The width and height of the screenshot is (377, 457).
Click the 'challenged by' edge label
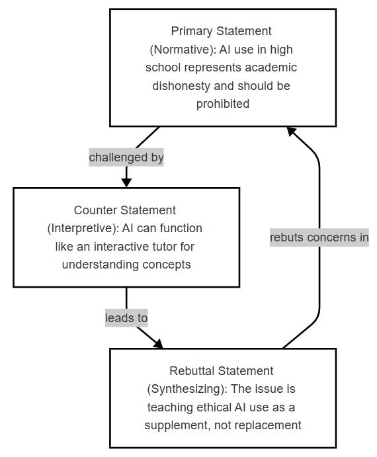[126, 157]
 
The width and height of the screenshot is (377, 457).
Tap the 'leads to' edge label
[126, 318]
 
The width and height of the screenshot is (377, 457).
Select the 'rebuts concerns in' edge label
[319, 237]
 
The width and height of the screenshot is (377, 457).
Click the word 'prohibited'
[223, 104]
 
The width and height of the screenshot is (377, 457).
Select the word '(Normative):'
[183, 50]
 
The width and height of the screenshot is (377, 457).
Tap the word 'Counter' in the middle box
[95, 210]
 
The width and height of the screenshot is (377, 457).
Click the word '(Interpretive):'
[83, 229]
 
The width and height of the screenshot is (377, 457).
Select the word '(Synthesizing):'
[187, 389]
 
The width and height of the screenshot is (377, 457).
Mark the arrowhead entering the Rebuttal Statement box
[159, 344]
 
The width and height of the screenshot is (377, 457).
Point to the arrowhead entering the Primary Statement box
[291, 131]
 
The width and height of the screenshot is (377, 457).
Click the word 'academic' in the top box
[271, 67]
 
